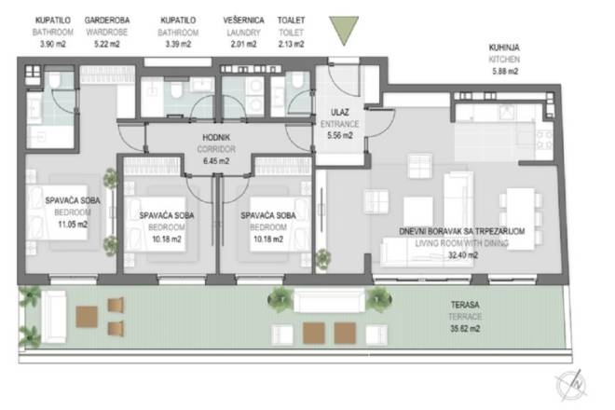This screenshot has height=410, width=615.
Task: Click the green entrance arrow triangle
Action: click(344, 29)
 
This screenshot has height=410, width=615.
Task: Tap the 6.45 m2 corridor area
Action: click(215, 159)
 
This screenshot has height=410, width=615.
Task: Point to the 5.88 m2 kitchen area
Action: click(504, 70)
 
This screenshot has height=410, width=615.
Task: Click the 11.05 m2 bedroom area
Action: click(65, 224)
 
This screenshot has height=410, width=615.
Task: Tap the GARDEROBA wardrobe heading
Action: click(105, 19)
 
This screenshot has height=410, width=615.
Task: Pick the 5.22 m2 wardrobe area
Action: click(105, 43)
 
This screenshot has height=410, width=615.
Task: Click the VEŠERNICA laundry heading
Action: click(244, 19)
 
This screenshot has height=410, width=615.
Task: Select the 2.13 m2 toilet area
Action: click(293, 43)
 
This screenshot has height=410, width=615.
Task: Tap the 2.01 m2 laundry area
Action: click(244, 43)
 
